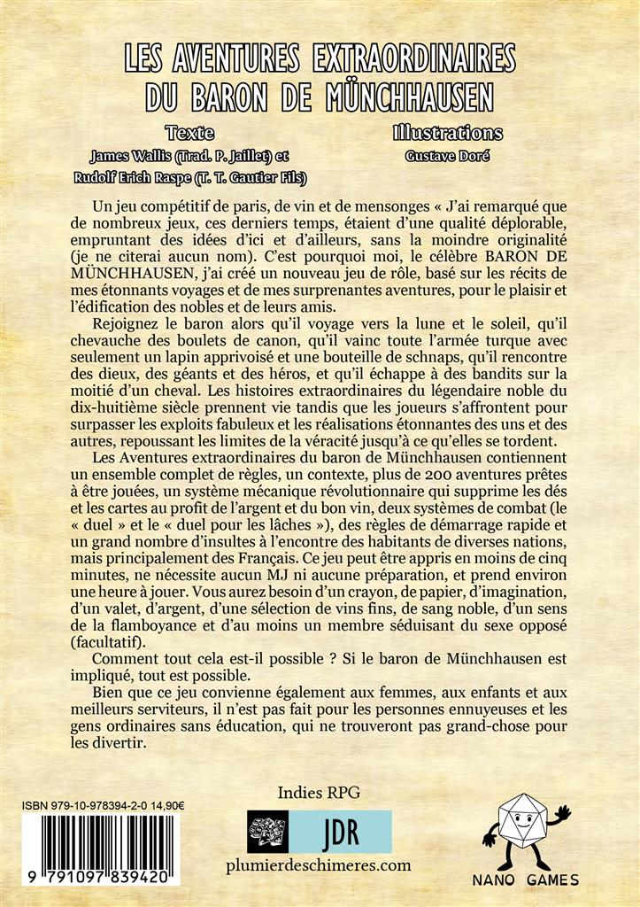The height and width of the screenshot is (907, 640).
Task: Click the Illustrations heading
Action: [x=448, y=134]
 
